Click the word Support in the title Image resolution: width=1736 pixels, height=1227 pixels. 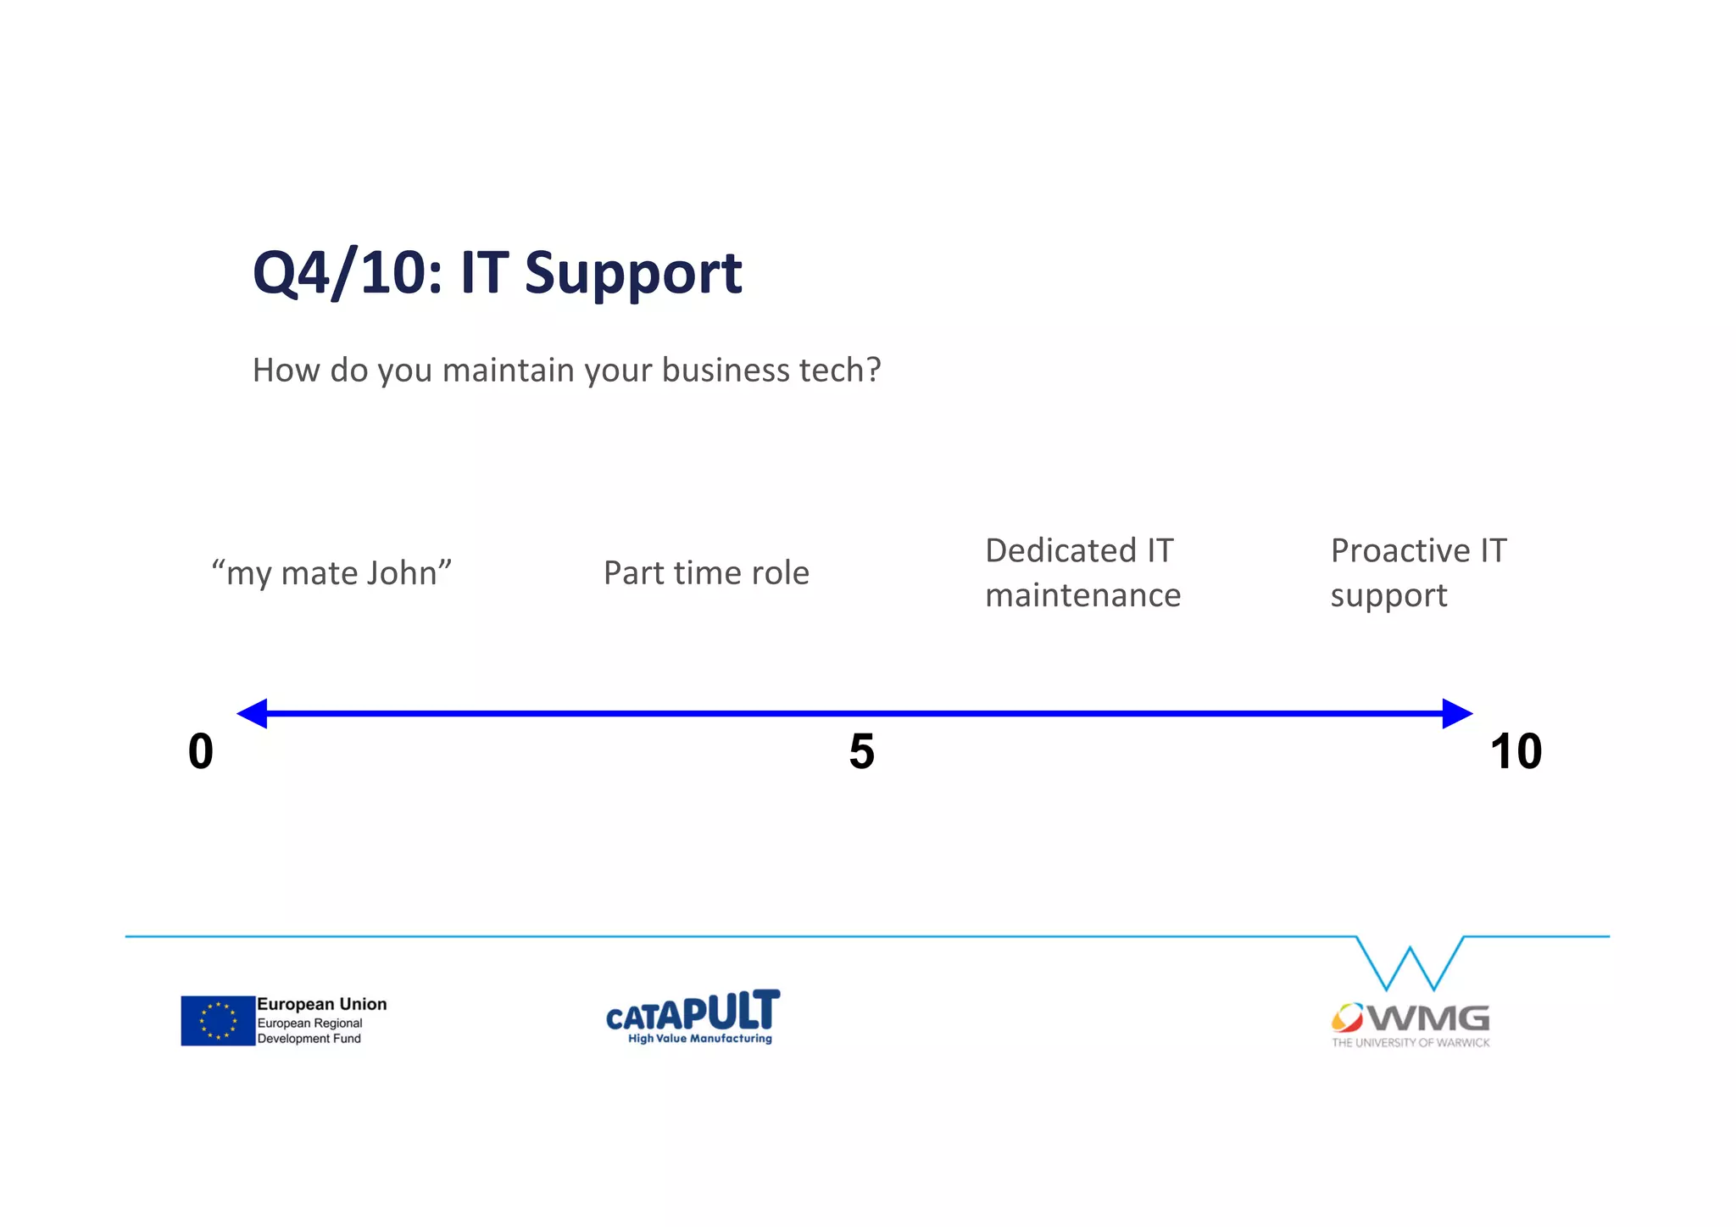(x=632, y=275)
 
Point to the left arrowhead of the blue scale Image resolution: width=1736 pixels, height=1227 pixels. (x=253, y=713)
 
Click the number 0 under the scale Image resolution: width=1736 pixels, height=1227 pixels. (x=201, y=751)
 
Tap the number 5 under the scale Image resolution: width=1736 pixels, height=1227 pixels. (x=861, y=751)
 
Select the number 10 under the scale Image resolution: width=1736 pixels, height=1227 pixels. (x=1516, y=751)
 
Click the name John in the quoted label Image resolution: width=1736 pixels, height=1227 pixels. (x=401, y=573)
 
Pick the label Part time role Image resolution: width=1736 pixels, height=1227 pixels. (x=706, y=573)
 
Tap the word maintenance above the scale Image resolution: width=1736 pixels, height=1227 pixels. (x=1082, y=595)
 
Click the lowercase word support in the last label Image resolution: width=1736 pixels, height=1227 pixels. (x=1388, y=596)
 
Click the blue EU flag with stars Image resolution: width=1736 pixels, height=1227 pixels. (x=218, y=1020)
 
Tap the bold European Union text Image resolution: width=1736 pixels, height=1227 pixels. (x=322, y=1004)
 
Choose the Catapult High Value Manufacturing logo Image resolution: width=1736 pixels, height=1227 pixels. (x=693, y=1017)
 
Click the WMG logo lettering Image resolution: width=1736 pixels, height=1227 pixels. (x=1428, y=1018)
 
